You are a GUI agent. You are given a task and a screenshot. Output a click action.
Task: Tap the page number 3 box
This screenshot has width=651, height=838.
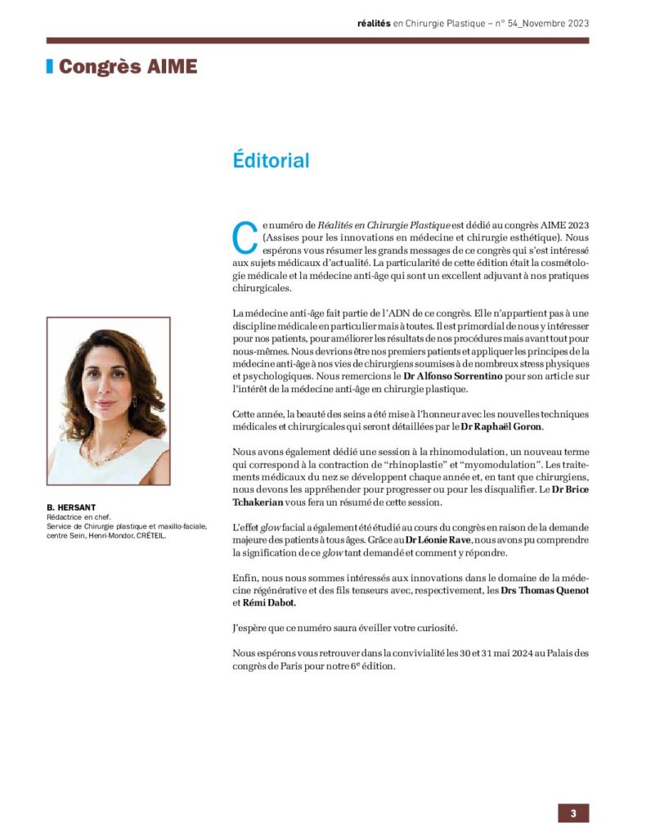click(573, 813)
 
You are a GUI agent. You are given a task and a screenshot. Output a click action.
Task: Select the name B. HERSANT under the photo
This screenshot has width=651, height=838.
click(72, 507)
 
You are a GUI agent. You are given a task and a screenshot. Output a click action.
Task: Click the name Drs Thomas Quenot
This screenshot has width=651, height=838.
click(544, 590)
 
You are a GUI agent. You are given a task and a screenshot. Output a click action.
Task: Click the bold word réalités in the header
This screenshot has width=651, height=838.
click(371, 23)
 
